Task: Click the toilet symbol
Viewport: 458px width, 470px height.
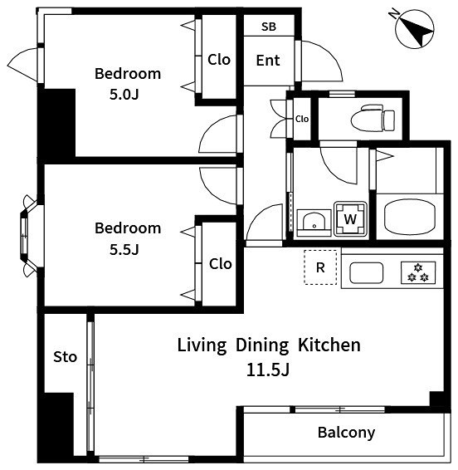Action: pyautogui.click(x=373, y=120)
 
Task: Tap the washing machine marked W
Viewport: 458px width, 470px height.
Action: pyautogui.click(x=350, y=219)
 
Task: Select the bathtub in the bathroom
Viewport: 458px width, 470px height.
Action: pyautogui.click(x=410, y=217)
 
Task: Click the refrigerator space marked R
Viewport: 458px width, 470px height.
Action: pyautogui.click(x=320, y=267)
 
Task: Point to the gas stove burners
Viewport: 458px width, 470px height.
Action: pyautogui.click(x=418, y=272)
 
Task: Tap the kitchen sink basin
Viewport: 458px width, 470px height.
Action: pyautogui.click(x=367, y=272)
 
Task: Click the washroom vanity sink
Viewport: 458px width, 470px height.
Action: pyautogui.click(x=314, y=223)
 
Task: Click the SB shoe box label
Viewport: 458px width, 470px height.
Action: pyautogui.click(x=269, y=27)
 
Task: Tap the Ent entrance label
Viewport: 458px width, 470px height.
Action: pyautogui.click(x=268, y=61)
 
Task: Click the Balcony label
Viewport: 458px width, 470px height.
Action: pyautogui.click(x=346, y=433)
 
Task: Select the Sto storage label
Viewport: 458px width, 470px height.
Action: pyautogui.click(x=65, y=357)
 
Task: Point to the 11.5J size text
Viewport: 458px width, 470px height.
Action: pyautogui.click(x=268, y=370)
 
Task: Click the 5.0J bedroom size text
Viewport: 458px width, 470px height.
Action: pyautogui.click(x=124, y=95)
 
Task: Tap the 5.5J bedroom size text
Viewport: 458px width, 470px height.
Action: pyautogui.click(x=124, y=249)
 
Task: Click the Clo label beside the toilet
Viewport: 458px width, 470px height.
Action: pyautogui.click(x=302, y=119)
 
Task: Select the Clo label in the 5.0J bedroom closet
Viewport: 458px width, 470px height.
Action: pyautogui.click(x=219, y=60)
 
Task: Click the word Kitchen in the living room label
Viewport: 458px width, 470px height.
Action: pyautogui.click(x=329, y=345)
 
